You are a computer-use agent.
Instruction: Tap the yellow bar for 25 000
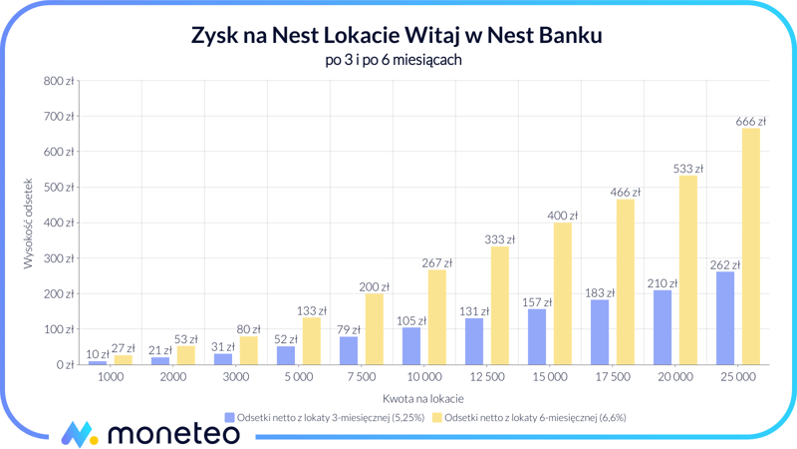click(750, 246)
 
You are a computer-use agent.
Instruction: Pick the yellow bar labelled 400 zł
click(562, 293)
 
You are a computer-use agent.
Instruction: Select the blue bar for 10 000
click(411, 345)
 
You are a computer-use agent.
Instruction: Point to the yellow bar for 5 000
click(311, 340)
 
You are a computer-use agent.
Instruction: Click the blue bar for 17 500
click(600, 331)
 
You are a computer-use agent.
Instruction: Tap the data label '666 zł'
click(750, 122)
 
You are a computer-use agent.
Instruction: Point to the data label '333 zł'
click(499, 239)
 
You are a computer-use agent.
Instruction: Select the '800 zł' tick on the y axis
click(59, 81)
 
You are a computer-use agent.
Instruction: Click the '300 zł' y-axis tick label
click(59, 258)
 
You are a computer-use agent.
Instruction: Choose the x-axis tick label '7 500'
click(361, 377)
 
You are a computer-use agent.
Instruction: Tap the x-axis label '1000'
click(110, 377)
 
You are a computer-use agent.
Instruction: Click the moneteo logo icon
click(78, 433)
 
